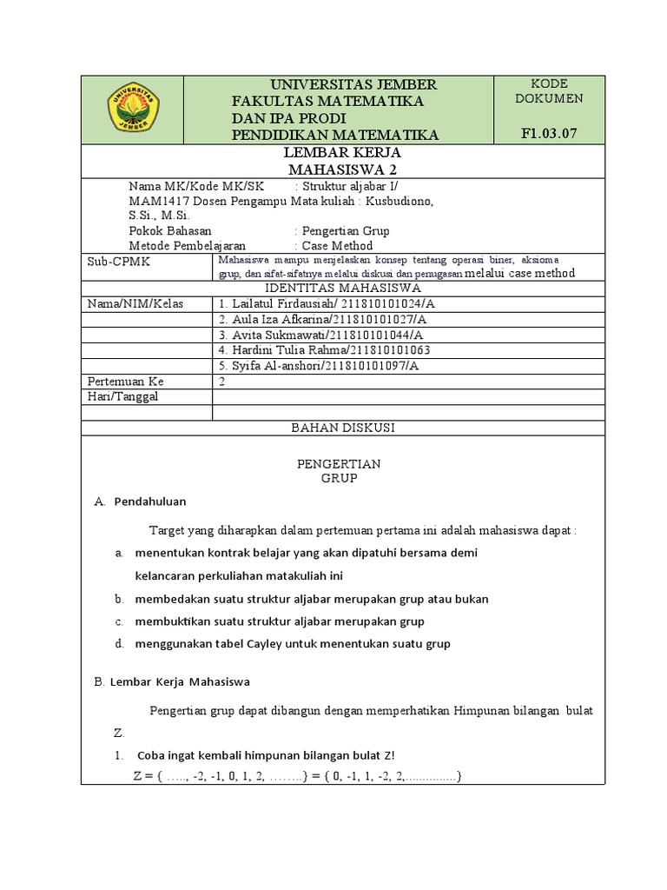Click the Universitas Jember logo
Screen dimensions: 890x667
[x=133, y=109]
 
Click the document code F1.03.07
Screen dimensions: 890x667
[x=548, y=133]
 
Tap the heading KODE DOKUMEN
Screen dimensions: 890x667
[x=548, y=91]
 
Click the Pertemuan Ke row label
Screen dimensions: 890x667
[x=126, y=382]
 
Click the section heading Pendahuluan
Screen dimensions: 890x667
[x=150, y=501]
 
